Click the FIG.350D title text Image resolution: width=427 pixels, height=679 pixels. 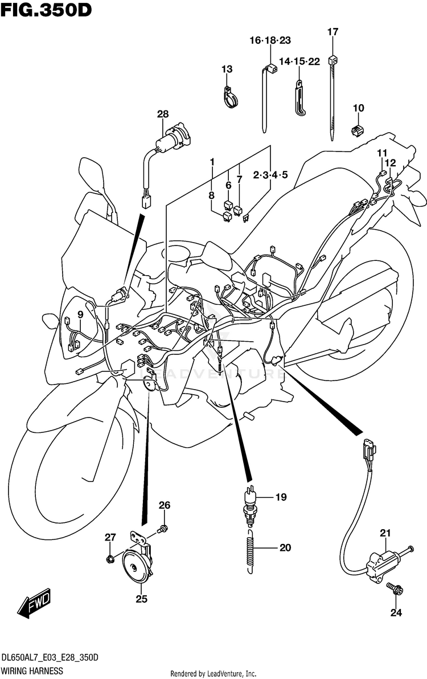pyautogui.click(x=46, y=10)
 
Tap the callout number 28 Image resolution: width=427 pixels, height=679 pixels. pyautogui.click(x=163, y=114)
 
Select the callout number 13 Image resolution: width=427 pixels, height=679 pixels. pyautogui.click(x=227, y=69)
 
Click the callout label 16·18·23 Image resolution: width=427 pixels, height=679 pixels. pyautogui.click(x=270, y=40)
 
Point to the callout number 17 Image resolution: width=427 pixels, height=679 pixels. pyautogui.click(x=332, y=32)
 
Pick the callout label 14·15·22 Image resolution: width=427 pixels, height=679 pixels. pyautogui.click(x=299, y=62)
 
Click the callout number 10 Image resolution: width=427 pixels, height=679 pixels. pyautogui.click(x=358, y=108)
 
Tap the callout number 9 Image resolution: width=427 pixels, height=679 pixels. pyautogui.click(x=80, y=314)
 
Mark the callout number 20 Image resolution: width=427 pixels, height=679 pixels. pyautogui.click(x=285, y=548)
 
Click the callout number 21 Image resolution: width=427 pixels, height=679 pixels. pyautogui.click(x=385, y=533)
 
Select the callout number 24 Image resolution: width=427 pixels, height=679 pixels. pyautogui.click(x=396, y=613)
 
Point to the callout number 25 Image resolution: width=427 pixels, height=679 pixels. pyautogui.click(x=141, y=599)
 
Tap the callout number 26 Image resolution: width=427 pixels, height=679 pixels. pyautogui.click(x=164, y=505)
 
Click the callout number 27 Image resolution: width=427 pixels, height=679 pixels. pyautogui.click(x=109, y=537)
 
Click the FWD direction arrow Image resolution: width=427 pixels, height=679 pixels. pyautogui.click(x=34, y=604)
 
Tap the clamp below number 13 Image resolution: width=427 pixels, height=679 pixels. pyautogui.click(x=231, y=98)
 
